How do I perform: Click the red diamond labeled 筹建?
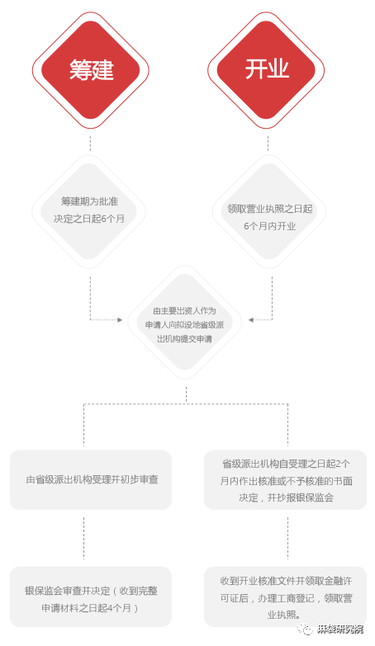pos(90,70)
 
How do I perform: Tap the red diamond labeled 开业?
pos(266,70)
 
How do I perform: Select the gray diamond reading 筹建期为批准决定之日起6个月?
pos(88,211)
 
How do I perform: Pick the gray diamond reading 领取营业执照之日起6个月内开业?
pos(269,211)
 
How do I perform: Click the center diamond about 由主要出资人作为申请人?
pos(185,323)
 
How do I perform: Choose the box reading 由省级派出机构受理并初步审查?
pos(91,479)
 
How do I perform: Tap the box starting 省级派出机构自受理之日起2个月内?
pos(285,479)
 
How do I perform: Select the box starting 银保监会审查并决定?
pos(91,596)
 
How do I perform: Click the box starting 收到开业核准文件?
pos(285,596)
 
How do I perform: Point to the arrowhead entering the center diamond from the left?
pos(120,320)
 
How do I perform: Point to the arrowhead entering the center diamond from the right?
pos(251,320)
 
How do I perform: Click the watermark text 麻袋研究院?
pos(341,629)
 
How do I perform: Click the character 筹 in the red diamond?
pos(80,69)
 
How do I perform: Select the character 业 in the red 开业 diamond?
pos(278,68)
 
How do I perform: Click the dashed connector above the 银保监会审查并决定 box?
pos(83,538)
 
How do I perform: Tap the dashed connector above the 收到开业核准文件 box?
pos(287,538)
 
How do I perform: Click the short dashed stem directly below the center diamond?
pos(186,394)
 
